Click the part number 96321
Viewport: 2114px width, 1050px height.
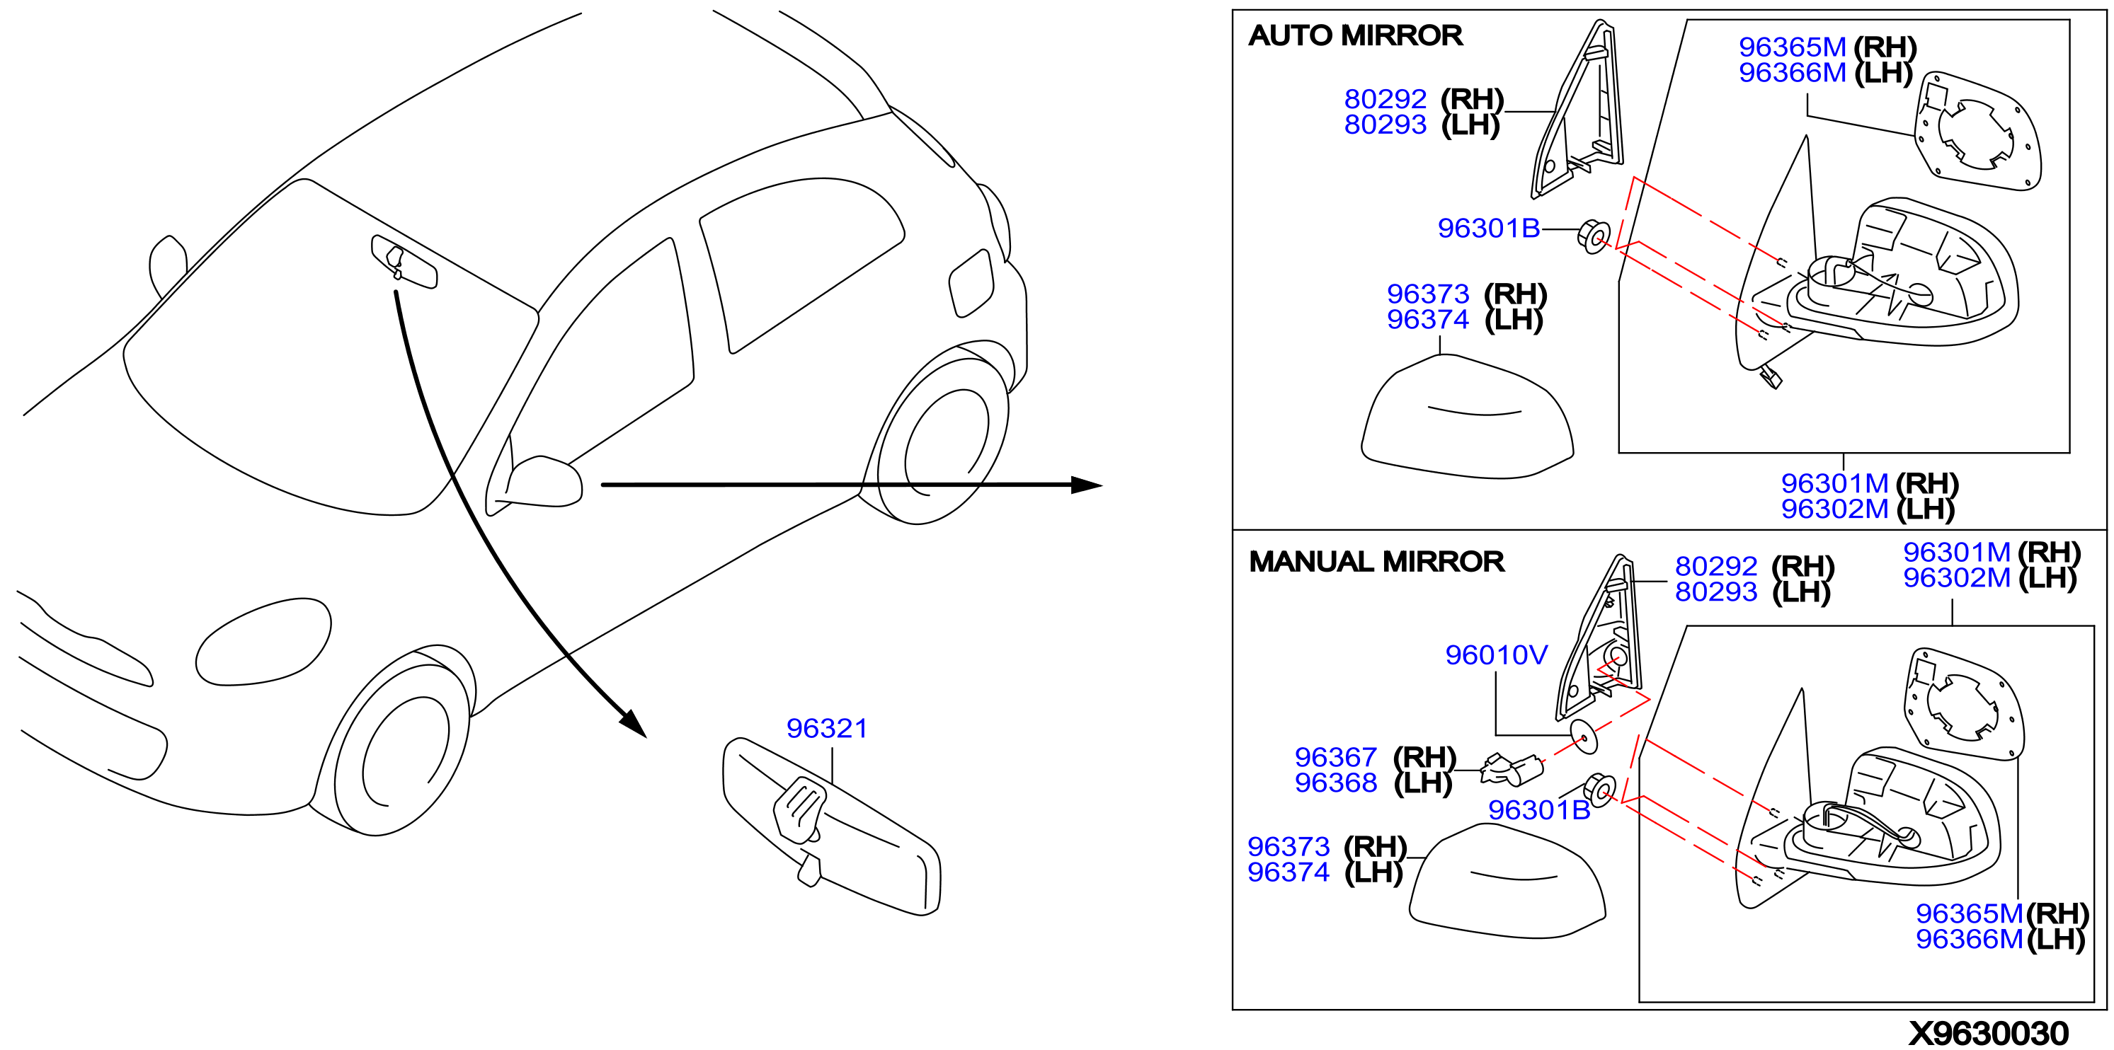pyautogui.click(x=826, y=729)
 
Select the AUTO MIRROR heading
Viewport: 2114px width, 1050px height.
pyautogui.click(x=1355, y=35)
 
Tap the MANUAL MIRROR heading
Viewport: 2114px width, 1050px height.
pyautogui.click(x=1376, y=562)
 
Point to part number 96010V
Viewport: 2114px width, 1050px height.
pyautogui.click(x=1496, y=654)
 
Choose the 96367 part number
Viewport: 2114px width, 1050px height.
pyautogui.click(x=1335, y=756)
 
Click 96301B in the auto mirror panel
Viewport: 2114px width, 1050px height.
pyautogui.click(x=1489, y=228)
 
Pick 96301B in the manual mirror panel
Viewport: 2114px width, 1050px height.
pyautogui.click(x=1538, y=809)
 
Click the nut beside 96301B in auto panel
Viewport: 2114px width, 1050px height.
pyautogui.click(x=1594, y=236)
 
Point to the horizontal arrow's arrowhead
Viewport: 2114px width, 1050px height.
pyautogui.click(x=1087, y=485)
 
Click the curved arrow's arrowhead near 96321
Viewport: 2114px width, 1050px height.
pyautogui.click(x=634, y=724)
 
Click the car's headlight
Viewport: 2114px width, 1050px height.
pyautogui.click(x=263, y=642)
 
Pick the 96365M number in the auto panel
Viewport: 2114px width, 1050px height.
pyautogui.click(x=1793, y=47)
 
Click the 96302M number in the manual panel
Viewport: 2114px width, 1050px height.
pyautogui.click(x=1956, y=577)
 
